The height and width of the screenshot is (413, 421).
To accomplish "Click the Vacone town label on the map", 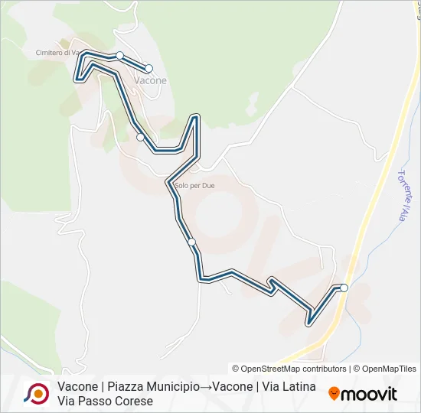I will tap(150, 80).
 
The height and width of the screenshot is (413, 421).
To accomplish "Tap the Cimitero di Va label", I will tap(57, 53).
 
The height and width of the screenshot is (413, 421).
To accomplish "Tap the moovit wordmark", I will tap(369, 394).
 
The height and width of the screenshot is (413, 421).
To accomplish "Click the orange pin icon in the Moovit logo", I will tap(334, 394).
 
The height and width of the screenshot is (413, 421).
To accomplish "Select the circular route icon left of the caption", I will tap(37, 393).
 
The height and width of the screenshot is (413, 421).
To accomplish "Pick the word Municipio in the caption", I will tap(175, 387).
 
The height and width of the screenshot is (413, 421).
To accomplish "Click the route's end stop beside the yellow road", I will tap(344, 288).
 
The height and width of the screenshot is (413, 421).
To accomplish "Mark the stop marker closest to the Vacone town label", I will tap(148, 68).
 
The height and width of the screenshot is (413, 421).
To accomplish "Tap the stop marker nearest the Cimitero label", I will tap(119, 55).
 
